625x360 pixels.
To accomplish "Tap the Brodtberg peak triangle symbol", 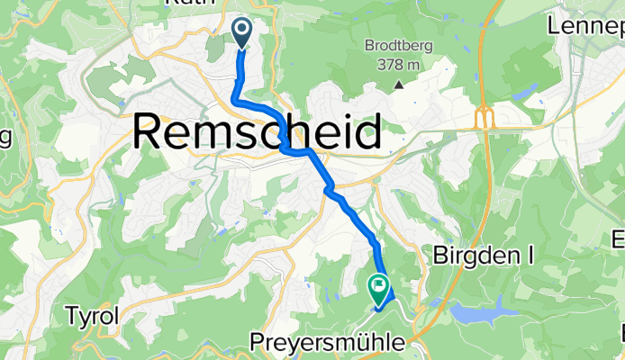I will coord(398,85).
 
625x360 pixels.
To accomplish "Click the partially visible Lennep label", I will coord(586,27).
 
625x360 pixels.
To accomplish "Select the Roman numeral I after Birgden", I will coord(530,256).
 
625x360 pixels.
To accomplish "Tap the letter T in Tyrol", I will coord(70,317).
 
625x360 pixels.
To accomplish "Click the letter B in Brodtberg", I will coord(370,47).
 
